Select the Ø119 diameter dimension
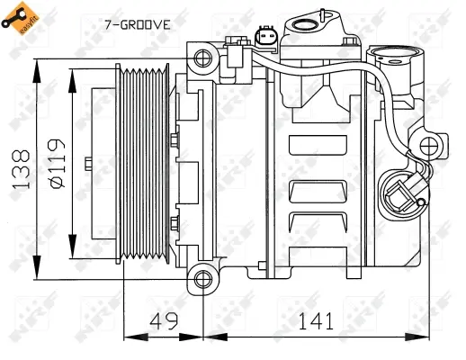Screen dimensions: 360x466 pos(55,164)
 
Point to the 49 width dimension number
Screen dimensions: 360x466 pos(162,320)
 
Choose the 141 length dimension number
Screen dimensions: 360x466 pos(316,320)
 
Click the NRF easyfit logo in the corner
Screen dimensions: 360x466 pos(20,19)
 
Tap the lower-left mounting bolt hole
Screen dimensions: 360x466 pos(204,275)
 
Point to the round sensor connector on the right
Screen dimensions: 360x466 pos(399,191)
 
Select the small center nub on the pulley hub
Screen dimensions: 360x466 pos(87,164)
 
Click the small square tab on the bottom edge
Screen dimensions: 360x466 pos(262,266)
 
